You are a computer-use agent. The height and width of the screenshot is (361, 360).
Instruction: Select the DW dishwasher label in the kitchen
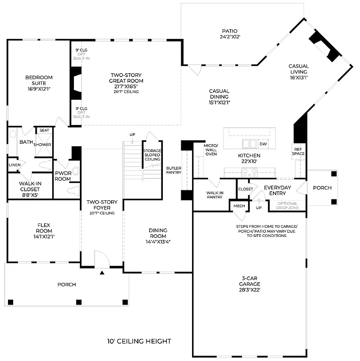(263, 144)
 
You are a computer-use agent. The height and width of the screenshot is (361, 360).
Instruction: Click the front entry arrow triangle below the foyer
(102, 272)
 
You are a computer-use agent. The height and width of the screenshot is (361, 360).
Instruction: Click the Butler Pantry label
(174, 170)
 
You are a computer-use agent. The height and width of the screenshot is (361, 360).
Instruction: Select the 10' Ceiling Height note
(139, 341)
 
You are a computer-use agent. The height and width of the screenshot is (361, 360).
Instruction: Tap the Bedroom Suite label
(39, 80)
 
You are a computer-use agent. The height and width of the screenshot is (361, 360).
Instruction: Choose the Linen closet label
(15, 165)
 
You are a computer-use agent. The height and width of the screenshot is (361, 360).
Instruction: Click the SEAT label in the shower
(44, 130)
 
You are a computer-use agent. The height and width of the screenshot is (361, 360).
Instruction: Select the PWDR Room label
(63, 176)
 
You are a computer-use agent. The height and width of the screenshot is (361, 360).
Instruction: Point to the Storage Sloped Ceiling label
(152, 155)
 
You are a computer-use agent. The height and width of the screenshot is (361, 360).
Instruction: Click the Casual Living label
(299, 72)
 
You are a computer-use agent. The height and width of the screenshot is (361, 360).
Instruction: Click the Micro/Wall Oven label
(210, 150)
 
